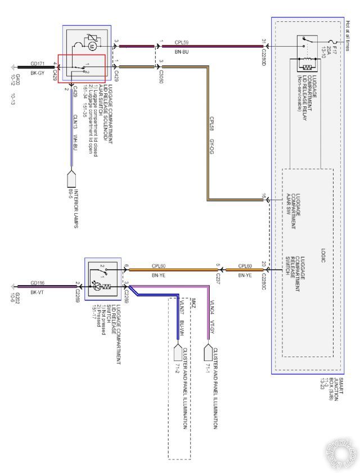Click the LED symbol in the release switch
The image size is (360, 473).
(96, 286)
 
